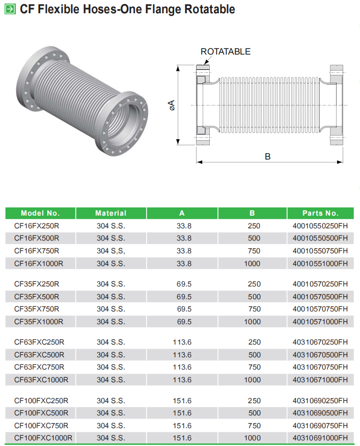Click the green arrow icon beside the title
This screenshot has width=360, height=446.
[10, 9]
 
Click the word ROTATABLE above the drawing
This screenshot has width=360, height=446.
[226, 51]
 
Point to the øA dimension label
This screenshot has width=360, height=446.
[171, 105]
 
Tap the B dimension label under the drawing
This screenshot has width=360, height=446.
[268, 156]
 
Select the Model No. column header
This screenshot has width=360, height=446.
[40, 213]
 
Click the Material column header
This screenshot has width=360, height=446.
[111, 213]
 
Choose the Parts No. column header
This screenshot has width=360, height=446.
[320, 213]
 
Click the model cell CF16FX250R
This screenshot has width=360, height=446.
[37, 226]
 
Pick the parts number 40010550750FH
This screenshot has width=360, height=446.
[320, 251]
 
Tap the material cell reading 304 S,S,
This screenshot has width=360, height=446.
[111, 251]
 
